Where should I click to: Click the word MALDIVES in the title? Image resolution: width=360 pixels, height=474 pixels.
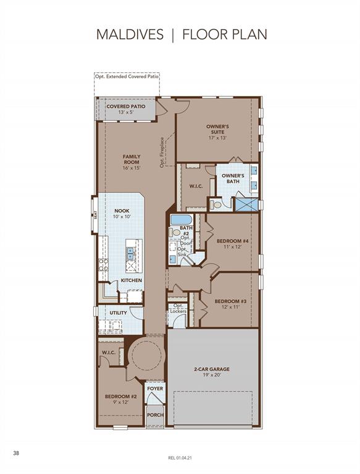pos(130,35)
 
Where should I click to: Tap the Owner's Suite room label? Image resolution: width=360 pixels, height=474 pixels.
pos(217,129)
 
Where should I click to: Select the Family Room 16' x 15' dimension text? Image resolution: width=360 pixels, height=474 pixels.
pos(132,168)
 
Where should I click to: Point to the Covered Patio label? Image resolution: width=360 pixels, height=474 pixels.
pos(126,106)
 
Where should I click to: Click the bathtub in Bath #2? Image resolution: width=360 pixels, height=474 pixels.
pos(181,219)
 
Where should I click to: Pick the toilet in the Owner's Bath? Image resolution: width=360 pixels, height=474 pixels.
pos(216,205)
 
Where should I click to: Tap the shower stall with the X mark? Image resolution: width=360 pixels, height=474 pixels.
pos(247,205)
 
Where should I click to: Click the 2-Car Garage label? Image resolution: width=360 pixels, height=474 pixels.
pos(212,369)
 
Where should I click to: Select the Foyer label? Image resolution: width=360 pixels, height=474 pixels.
pos(155,388)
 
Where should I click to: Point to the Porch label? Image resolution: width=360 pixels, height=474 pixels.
pos(155,415)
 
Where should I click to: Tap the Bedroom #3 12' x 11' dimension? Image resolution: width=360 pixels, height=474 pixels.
pos(230,307)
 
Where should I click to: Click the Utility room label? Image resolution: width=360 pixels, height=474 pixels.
pos(119,312)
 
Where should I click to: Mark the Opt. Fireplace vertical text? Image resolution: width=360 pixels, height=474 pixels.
pos(162,152)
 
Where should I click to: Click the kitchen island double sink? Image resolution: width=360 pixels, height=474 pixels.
pos(131,254)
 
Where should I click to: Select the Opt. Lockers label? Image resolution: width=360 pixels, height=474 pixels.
pos(178,309)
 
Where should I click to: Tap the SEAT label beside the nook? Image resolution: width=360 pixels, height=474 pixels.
pos(95,215)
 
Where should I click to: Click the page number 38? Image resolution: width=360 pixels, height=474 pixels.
pos(16,453)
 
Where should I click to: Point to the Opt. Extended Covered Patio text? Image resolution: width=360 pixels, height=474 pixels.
pos(127,77)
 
